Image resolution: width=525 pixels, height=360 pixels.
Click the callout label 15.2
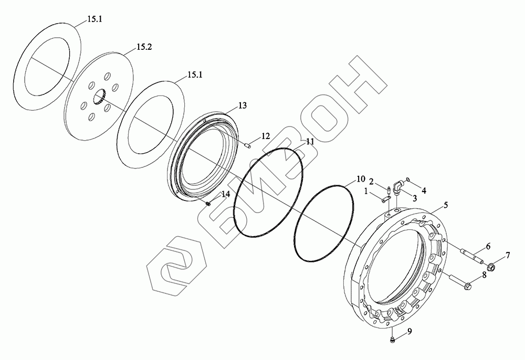pyautogui.click(x=144, y=47)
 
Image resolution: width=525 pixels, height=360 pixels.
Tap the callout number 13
pyautogui.click(x=243, y=105)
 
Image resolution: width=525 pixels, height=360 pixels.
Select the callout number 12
pyautogui.click(x=266, y=136)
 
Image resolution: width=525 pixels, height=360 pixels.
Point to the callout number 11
pyautogui.click(x=310, y=142)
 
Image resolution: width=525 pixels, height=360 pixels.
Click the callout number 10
pyautogui.click(x=360, y=179)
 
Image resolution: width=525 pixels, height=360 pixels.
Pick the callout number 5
pyautogui.click(x=446, y=205)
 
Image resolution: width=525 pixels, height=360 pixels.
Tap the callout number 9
pyautogui.click(x=409, y=332)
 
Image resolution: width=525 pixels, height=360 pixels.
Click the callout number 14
pyautogui.click(x=226, y=194)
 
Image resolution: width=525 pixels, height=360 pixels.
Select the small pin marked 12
pyautogui.click(x=249, y=145)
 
